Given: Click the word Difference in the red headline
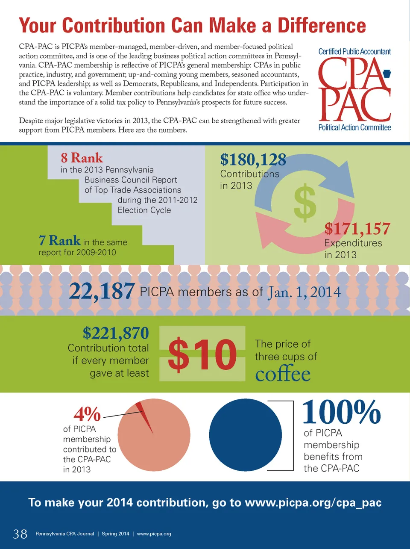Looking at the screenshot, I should point(322,26).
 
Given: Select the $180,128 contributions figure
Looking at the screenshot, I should point(253,160).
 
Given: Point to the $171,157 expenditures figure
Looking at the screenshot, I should point(357,229).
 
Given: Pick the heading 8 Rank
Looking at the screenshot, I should point(82,158).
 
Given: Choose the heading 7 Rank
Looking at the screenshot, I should point(59,241).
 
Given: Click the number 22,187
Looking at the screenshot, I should point(102,292).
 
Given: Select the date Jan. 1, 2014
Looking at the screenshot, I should point(304,292).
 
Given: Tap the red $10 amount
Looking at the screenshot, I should point(202,354).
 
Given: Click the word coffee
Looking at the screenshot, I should point(283,374).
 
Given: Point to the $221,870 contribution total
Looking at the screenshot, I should point(116,333).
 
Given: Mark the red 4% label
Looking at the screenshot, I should point(87,414).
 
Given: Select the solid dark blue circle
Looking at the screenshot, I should point(245,435).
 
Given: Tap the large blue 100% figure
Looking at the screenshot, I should point(341,413).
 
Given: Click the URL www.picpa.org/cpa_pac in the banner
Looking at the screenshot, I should point(313,502).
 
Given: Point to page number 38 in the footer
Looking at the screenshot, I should point(20,534).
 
